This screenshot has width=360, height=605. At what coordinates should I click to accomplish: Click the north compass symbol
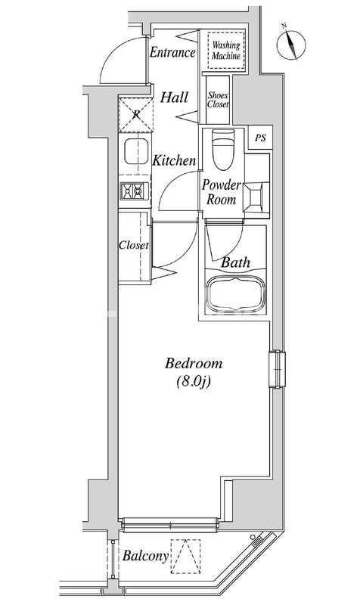pos(291,44)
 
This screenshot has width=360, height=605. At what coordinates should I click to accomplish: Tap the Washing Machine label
pos(226,51)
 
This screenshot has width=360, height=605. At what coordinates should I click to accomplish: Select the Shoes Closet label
pos(218,100)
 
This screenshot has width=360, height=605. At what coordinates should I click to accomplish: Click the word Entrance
pos(172,52)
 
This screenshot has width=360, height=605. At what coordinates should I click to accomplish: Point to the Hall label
pos(175,98)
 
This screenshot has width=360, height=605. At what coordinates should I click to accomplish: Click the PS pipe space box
pos(260,138)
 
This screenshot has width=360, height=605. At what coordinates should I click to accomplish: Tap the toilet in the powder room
pos(223,150)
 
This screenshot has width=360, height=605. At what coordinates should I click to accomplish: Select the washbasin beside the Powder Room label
pos(256,197)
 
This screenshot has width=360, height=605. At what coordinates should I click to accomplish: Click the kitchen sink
pos(136,151)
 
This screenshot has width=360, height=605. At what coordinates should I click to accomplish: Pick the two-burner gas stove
pos(135,191)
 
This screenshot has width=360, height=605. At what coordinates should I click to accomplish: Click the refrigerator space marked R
pos(136,115)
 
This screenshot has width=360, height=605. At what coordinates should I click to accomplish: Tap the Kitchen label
pos(175,160)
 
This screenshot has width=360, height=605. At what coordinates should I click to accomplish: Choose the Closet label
pos(134,245)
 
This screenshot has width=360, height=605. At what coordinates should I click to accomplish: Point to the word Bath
pos(235,262)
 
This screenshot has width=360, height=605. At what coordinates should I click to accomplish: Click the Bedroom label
pos(194,364)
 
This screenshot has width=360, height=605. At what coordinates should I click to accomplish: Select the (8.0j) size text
pos(194,382)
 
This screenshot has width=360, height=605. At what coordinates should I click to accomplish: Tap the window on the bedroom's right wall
pos(277,369)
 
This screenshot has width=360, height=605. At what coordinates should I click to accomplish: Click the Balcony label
pos(146,556)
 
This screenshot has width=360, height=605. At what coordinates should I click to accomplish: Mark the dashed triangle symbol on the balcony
pos(185,557)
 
